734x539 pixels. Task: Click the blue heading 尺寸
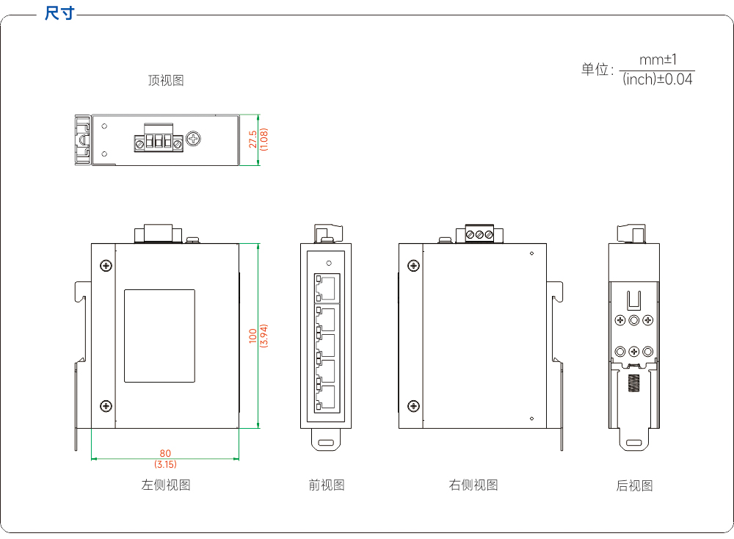click(x=59, y=12)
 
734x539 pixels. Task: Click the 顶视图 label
click(x=166, y=81)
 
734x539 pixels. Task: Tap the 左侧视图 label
click(x=166, y=485)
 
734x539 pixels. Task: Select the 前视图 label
click(x=327, y=485)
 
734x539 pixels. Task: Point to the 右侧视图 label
click(x=473, y=485)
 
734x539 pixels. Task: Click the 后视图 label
click(x=634, y=485)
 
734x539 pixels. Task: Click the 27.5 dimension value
click(x=252, y=140)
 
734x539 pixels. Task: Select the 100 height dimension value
click(x=252, y=336)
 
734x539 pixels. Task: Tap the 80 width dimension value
click(x=165, y=453)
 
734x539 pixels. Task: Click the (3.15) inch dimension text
click(x=165, y=464)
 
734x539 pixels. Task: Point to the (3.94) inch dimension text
click(x=264, y=336)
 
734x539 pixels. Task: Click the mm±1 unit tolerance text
click(x=658, y=60)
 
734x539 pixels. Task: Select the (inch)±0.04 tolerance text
click(x=657, y=79)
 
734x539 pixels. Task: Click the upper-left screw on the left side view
click(x=106, y=266)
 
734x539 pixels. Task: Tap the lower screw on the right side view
click(x=413, y=406)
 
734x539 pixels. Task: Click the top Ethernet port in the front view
click(x=327, y=288)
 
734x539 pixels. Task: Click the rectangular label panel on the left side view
click(x=159, y=336)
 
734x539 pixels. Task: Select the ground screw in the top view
click(x=193, y=139)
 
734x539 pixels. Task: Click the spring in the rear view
click(x=633, y=383)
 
